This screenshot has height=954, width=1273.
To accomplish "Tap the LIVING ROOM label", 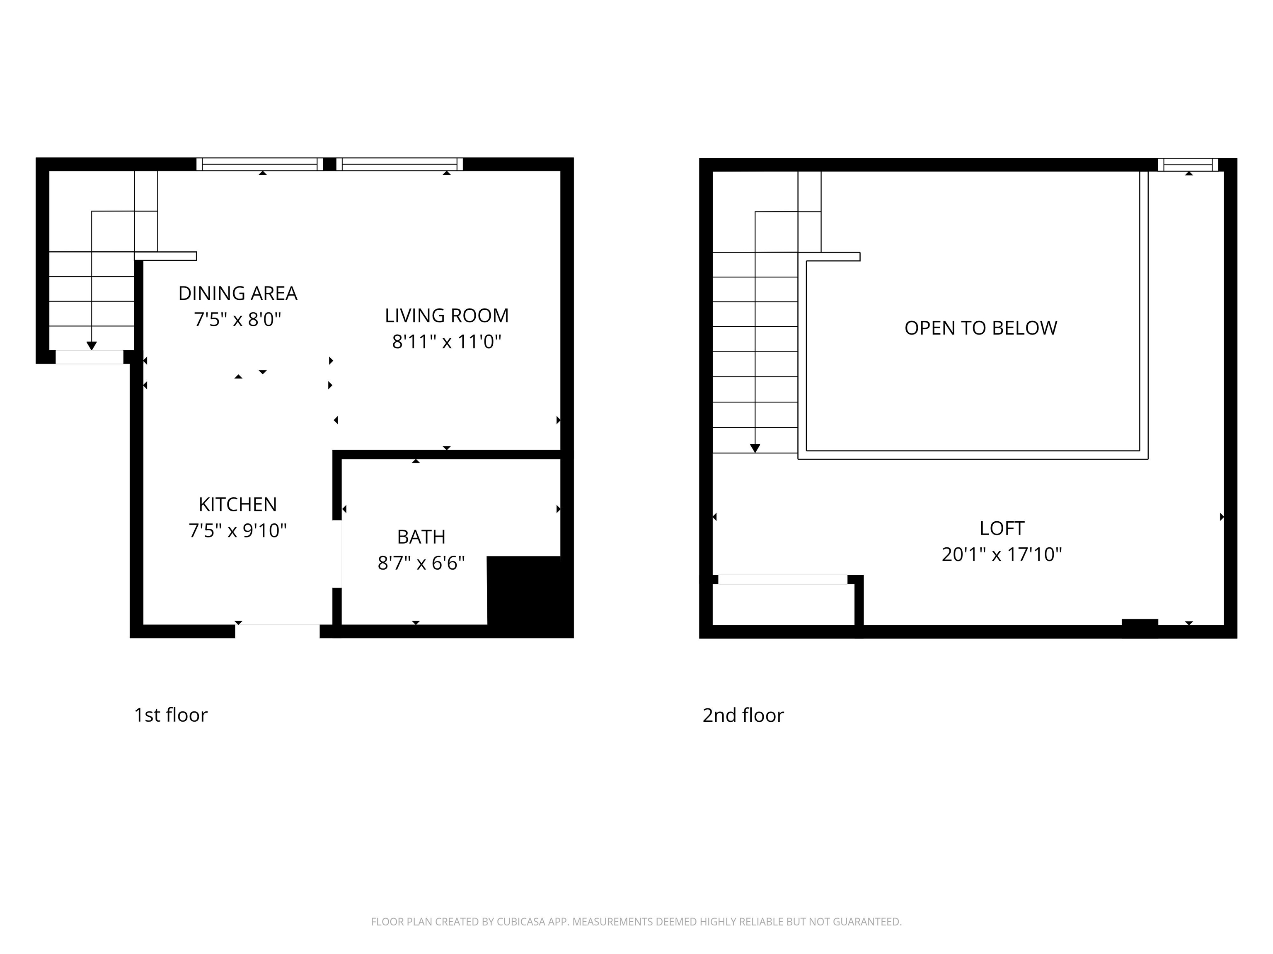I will pos(447,316).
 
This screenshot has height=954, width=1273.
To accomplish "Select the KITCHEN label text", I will pos(238,504).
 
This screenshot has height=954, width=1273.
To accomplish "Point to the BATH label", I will pos(421,537).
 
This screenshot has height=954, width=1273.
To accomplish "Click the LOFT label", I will pos(1002,528).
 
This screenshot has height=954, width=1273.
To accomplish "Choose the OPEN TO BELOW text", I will pos(980,328).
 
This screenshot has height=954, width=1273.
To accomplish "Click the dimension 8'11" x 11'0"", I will pos(447,342).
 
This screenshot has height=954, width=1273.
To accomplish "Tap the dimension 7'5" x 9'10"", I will pos(238,530).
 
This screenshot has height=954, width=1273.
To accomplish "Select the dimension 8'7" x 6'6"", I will pos(421,563).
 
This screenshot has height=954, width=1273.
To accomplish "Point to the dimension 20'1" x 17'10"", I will pos(1002,554).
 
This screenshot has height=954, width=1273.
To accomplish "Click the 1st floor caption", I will pos(170,715).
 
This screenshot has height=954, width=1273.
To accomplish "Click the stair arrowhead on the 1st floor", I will pos(92,346).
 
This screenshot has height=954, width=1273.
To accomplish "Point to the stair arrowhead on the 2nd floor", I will pos(755,448).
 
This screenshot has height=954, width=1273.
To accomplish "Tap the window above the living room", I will pos(399,164).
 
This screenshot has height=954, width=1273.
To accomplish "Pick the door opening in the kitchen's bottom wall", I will pos(277,631).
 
